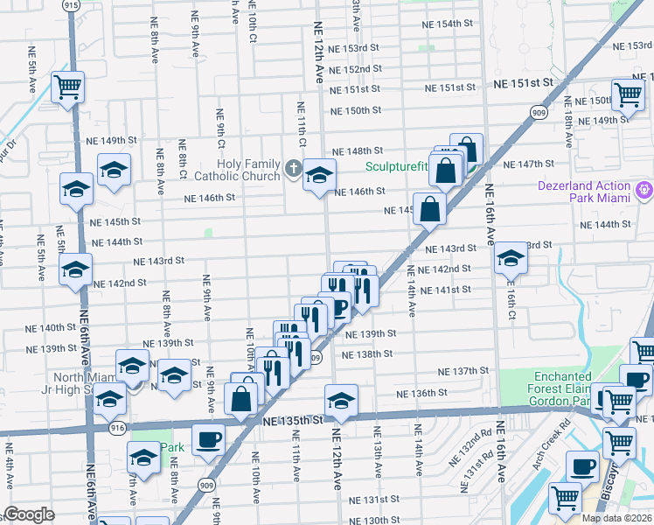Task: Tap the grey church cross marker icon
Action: click(294, 168)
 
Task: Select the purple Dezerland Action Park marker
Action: click(645, 189)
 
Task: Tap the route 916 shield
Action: click(117, 427)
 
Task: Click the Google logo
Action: click(28, 514)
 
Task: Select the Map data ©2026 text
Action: click(616, 518)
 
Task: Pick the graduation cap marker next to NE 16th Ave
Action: click(511, 259)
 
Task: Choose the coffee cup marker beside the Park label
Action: click(208, 438)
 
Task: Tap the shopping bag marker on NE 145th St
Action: click(430, 209)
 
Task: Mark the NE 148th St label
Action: click(357, 151)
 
